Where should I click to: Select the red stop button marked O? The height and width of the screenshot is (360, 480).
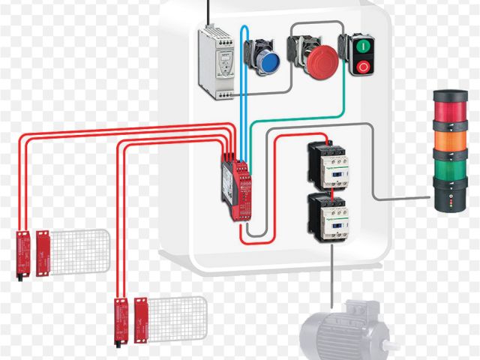tap(362, 66)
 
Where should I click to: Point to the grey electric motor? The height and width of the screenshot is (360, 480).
tap(341, 334)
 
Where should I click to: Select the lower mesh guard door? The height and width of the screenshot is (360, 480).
tap(177, 313)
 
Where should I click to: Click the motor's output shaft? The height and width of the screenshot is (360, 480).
tap(390, 346)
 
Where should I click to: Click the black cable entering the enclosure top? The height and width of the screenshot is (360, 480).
tap(208, 10)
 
